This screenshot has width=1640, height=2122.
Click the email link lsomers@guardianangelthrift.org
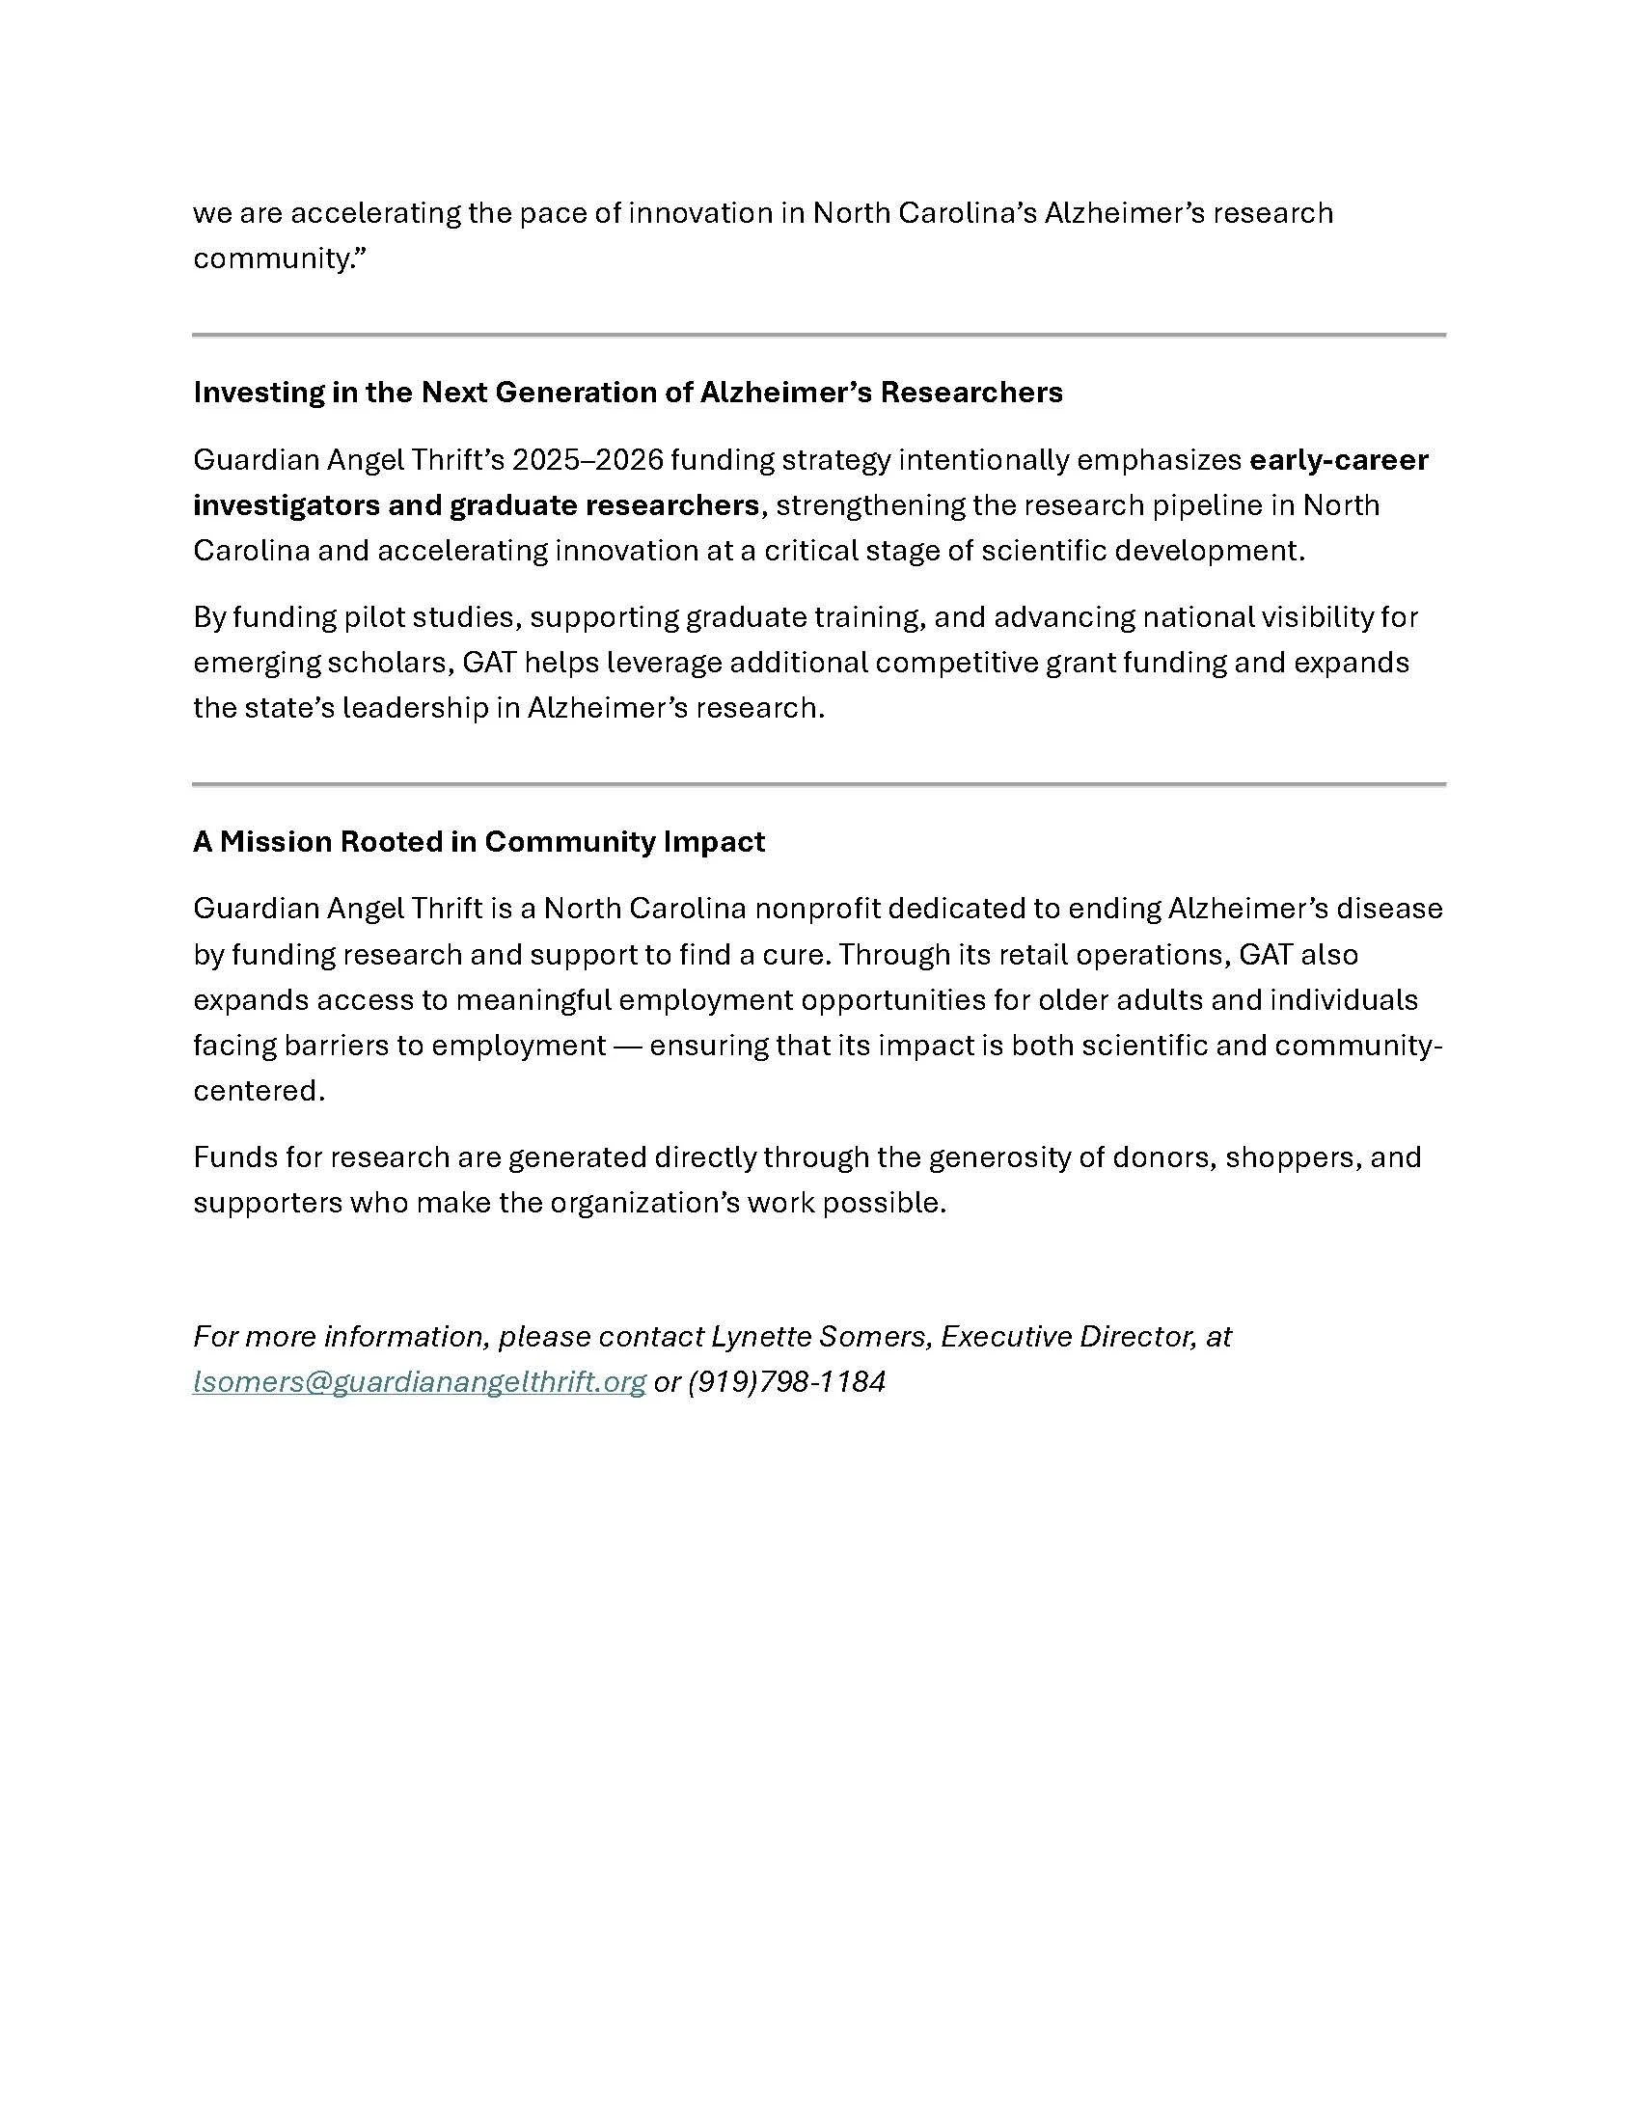[419, 1381]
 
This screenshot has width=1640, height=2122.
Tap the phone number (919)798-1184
[786, 1381]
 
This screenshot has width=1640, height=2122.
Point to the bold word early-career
[1338, 459]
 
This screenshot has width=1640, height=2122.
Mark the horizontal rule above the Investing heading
[819, 336]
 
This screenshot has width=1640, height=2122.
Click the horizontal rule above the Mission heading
[819, 783]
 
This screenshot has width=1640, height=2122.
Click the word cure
[797, 955]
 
